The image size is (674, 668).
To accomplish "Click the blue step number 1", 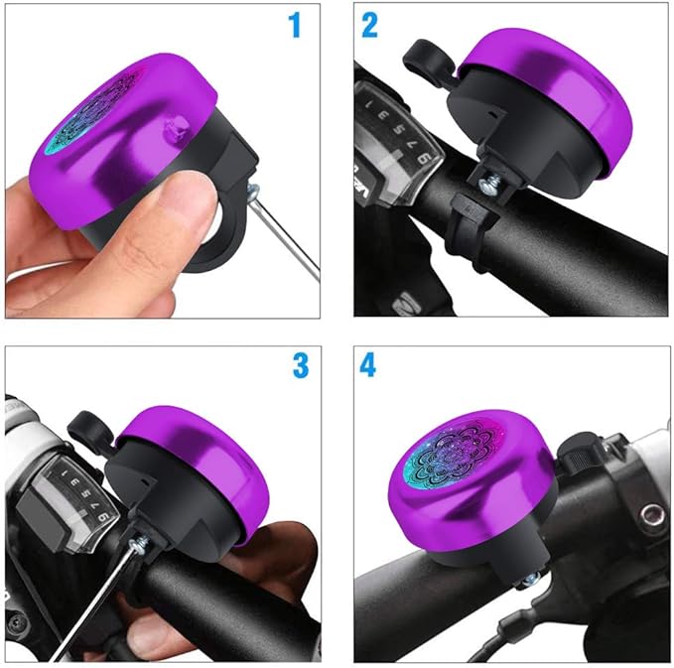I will [x=293, y=25].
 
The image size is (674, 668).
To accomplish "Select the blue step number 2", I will [x=369, y=25].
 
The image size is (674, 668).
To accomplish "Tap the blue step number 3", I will [x=300, y=366].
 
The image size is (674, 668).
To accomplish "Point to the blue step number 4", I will [x=369, y=366].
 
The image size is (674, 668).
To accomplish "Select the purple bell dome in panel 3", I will [x=199, y=447].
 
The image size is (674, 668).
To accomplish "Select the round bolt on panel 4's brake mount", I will [x=652, y=514].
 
